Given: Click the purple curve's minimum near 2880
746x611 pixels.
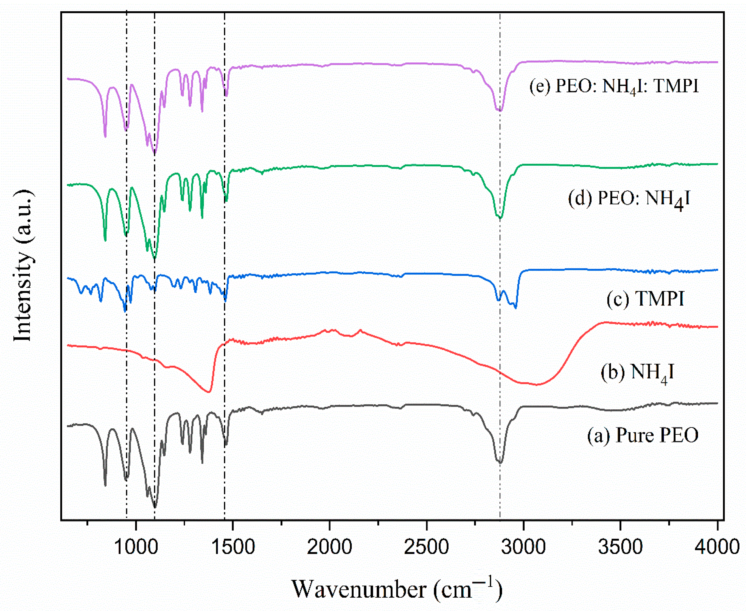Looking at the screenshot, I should point(500,111).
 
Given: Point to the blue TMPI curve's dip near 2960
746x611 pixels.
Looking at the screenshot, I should point(516,308).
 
